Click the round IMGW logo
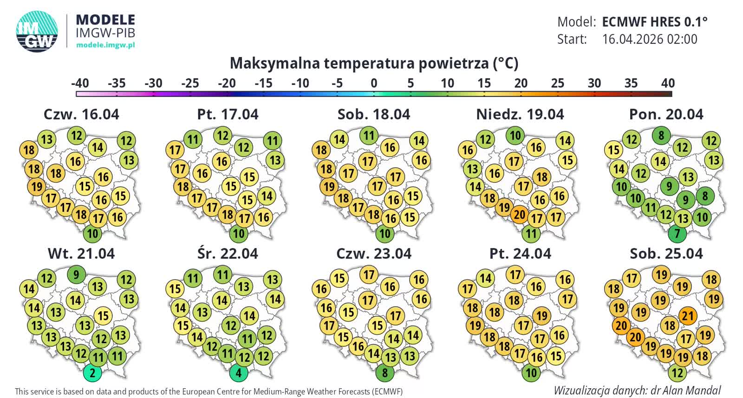point(37,31)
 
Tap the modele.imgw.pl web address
point(105,45)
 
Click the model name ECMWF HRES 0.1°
point(654,22)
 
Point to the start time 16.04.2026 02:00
point(649,39)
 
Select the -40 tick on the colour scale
point(80,84)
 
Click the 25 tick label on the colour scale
point(557,84)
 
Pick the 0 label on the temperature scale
point(374,84)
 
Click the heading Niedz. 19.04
point(520,114)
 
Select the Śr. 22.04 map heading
point(228,254)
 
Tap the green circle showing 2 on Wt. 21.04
point(93,372)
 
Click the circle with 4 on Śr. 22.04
point(239,372)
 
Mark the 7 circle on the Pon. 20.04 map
point(677,233)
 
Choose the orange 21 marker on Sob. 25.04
point(687,317)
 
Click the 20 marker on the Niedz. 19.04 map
point(520,215)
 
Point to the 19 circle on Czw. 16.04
point(37,187)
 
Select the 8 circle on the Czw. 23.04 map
point(385,372)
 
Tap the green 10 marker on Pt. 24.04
point(531,372)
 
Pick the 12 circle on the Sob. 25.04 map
point(678,372)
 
